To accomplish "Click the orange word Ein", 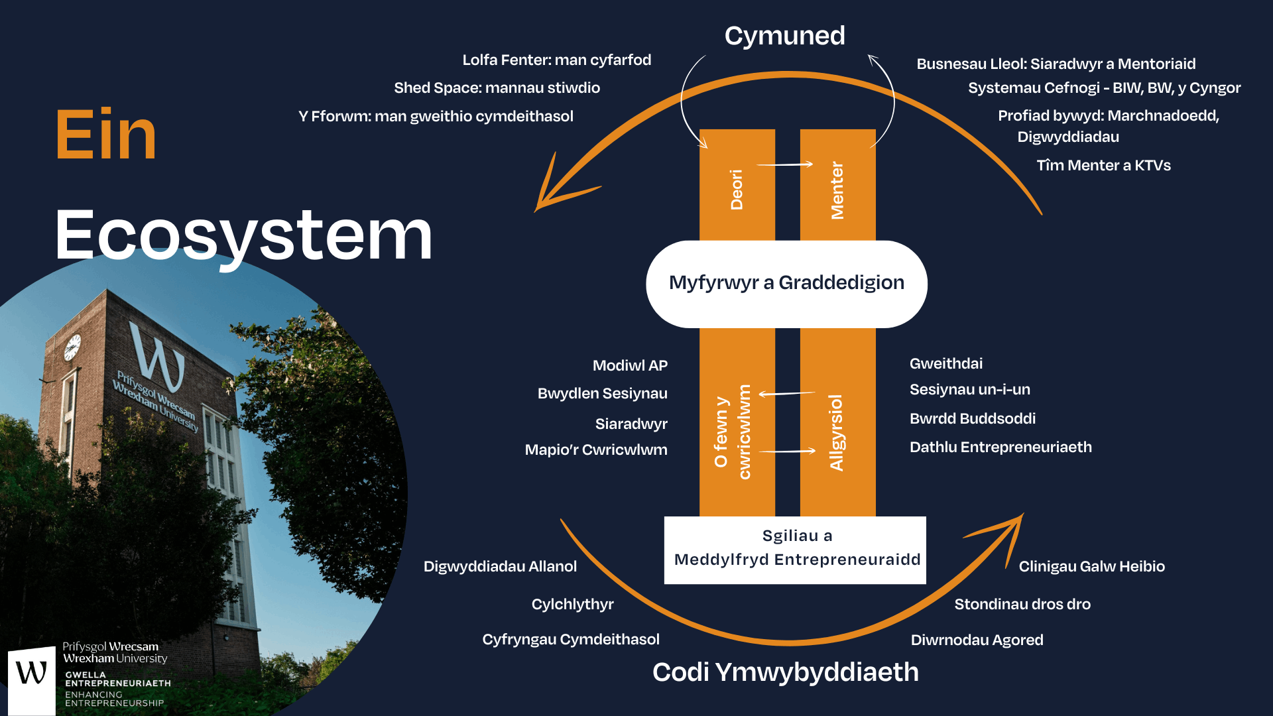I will click(x=106, y=135).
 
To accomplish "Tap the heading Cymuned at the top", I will click(x=784, y=36).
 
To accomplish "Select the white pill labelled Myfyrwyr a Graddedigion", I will click(x=786, y=283).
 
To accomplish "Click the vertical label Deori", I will click(x=737, y=190).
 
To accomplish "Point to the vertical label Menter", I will click(x=837, y=190).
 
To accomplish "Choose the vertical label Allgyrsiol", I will click(x=837, y=432).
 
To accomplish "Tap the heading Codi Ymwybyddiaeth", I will click(x=785, y=672).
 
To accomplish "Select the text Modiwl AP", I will click(x=630, y=365).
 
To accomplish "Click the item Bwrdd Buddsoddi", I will click(x=972, y=418).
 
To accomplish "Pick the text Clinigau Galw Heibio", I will click(x=1091, y=566).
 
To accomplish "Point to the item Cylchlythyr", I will click(x=572, y=604).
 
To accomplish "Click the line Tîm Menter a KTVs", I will click(x=1103, y=165).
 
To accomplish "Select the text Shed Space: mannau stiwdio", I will click(x=497, y=88).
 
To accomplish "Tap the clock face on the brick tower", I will click(x=72, y=347).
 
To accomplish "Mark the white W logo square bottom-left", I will click(x=31, y=680).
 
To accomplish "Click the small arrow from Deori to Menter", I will click(x=785, y=164).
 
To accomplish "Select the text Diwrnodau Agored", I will click(x=977, y=640).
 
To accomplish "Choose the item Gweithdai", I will click(x=945, y=363).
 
